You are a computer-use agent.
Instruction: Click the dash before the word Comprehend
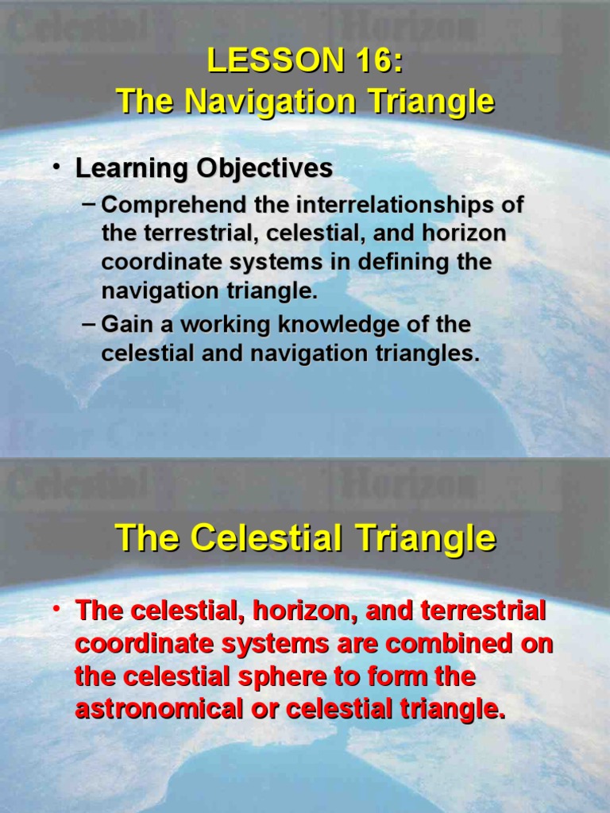pyautogui.click(x=89, y=203)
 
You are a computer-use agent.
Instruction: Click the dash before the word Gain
pyautogui.click(x=89, y=323)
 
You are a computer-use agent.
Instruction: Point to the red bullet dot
pyautogui.click(x=57, y=610)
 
